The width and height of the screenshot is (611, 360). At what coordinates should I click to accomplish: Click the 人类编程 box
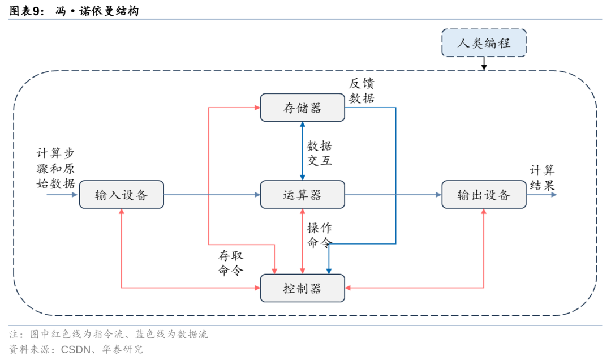click(484, 43)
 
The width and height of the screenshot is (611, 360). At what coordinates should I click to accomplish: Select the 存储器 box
click(302, 108)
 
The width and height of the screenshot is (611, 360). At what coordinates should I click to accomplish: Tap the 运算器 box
click(302, 195)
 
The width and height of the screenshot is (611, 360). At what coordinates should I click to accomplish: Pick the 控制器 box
click(302, 288)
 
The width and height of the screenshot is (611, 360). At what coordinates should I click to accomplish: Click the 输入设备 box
click(121, 195)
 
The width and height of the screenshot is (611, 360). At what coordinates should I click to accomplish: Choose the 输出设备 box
click(484, 195)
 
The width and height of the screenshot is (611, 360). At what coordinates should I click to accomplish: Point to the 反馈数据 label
click(362, 91)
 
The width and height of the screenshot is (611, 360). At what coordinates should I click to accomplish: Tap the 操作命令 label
click(319, 235)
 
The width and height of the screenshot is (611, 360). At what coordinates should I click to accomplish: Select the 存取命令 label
click(231, 263)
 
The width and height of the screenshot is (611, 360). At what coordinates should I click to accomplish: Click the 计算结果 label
click(542, 178)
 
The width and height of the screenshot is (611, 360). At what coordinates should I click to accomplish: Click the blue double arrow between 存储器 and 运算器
click(302, 151)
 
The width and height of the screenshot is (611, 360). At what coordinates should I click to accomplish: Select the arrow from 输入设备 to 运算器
click(212, 195)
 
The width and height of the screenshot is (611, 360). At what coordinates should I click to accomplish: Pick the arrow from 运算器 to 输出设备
click(393, 195)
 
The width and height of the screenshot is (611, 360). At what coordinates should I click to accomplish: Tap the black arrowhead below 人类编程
click(484, 67)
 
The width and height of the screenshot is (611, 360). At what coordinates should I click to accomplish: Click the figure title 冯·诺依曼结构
click(97, 11)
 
